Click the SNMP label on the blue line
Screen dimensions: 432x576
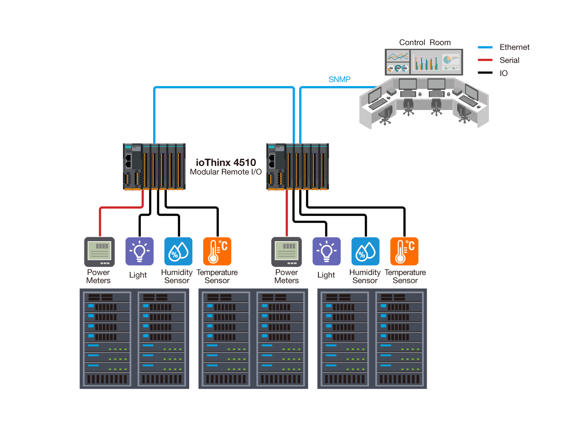click(340, 80)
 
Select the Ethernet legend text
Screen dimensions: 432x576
click(514, 47)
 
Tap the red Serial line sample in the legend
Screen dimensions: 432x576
click(485, 60)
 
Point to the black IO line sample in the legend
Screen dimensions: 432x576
click(485, 73)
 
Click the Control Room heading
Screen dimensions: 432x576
click(424, 42)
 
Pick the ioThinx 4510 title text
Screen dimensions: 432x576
click(226, 162)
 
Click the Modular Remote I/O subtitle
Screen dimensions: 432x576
click(226, 172)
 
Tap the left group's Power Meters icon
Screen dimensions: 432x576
click(99, 252)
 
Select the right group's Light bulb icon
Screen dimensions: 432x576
click(326, 252)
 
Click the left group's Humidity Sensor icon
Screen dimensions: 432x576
click(178, 252)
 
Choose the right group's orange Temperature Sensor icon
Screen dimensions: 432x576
click(404, 252)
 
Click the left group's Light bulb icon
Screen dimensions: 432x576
click(139, 252)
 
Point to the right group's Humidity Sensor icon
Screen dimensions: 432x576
click(366, 252)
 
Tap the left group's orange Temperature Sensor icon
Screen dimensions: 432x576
click(217, 252)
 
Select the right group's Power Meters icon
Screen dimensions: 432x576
click(286, 252)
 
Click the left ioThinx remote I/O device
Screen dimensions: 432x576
click(154, 166)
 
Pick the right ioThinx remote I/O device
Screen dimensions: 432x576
click(298, 166)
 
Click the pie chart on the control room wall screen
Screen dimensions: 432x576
click(447, 60)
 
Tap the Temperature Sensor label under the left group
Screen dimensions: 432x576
click(217, 276)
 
